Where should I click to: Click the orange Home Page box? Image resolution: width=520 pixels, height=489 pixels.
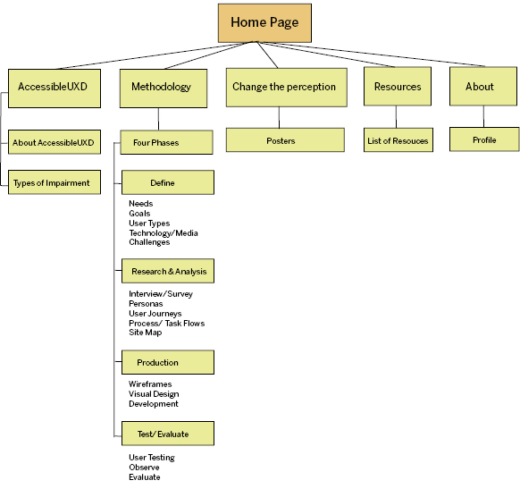pos(264,23)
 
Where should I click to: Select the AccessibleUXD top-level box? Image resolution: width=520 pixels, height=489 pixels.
pos(55,89)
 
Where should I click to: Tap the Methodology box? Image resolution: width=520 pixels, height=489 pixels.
pos(164,89)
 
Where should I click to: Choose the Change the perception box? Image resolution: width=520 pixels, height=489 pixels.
pos(287,88)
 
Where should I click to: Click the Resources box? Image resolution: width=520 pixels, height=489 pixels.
pos(398,86)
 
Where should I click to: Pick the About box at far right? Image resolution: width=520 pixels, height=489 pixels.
pos(483,86)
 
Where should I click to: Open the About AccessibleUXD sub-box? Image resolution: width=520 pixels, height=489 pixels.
pos(55,142)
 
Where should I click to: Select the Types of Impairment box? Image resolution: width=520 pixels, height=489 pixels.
pos(55,182)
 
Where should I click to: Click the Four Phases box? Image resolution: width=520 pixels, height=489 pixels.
pos(166,142)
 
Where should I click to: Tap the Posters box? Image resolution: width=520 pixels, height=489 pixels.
pos(285,140)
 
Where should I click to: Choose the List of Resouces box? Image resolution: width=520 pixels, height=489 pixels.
pos(398,140)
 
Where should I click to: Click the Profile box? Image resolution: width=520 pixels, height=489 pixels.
pos(484,139)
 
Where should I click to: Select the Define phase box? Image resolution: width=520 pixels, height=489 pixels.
pos(168,182)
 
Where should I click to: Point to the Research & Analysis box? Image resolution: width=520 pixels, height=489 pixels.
pos(168,271)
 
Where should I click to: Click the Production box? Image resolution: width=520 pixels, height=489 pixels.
pos(168,362)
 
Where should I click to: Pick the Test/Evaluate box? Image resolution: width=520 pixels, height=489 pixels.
pos(168,434)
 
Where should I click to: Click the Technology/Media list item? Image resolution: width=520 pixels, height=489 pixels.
pos(164,233)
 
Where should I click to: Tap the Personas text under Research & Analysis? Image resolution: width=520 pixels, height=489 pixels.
pos(146,304)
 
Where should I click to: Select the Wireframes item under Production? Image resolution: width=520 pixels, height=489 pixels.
pos(150,384)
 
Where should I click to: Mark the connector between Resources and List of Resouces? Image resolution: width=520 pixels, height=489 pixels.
pos(396,117)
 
